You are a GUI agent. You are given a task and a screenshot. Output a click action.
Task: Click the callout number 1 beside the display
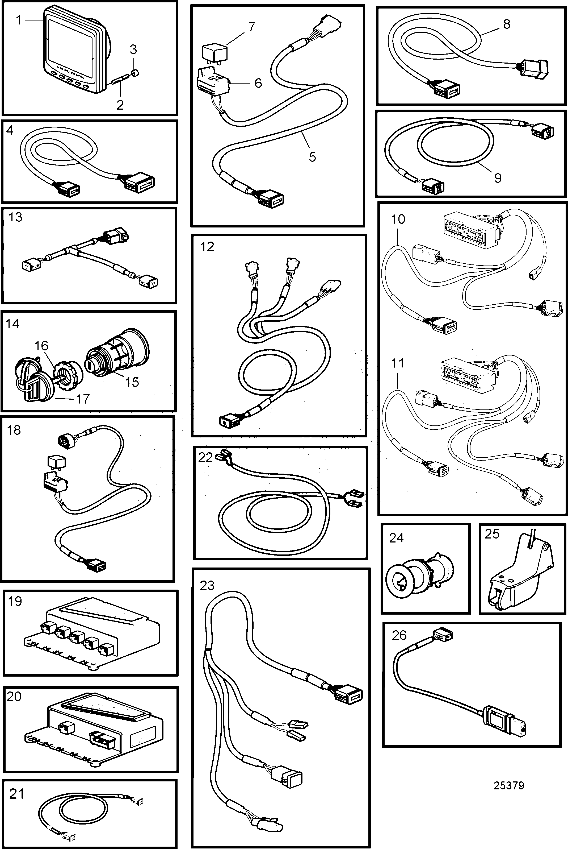[x=19, y=20]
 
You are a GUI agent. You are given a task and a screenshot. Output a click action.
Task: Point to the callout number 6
[x=258, y=83]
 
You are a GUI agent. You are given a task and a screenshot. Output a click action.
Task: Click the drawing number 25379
[x=508, y=785]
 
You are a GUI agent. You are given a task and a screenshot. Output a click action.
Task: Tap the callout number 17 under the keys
[x=83, y=399]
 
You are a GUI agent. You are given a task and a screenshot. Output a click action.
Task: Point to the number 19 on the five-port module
[x=15, y=601]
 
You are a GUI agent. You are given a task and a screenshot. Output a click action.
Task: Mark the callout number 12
[x=207, y=247]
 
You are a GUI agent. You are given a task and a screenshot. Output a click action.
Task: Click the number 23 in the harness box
[x=207, y=585]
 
